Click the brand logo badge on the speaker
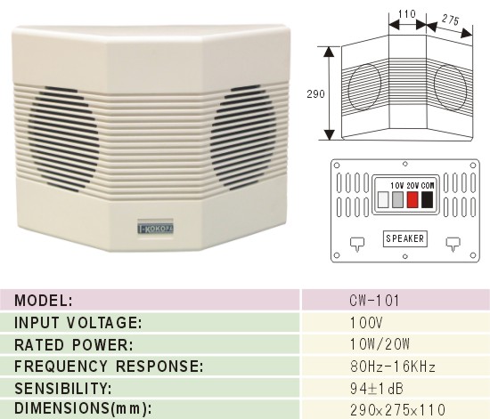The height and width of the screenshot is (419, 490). click(156, 229)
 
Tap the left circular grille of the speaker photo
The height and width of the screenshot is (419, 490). click(62, 138)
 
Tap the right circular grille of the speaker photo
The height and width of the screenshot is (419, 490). click(244, 137)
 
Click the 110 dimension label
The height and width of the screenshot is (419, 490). click(407, 14)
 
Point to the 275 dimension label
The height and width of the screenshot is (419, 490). click(450, 20)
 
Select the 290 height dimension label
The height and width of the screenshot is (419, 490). click(315, 94)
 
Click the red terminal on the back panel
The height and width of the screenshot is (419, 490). click(412, 199)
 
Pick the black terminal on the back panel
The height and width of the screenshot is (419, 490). click(427, 199)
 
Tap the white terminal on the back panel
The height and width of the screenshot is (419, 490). click(383, 199)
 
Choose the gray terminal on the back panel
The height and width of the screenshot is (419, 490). click(397, 199)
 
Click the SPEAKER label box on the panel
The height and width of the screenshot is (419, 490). click(405, 238)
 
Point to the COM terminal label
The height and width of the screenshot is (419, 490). click(428, 186)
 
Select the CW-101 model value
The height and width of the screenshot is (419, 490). click(374, 301)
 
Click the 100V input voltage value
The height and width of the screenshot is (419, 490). click(366, 323)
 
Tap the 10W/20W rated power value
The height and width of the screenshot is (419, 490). click(380, 344)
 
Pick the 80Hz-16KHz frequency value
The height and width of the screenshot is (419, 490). click(393, 367)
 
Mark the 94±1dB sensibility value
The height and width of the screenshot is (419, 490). click(377, 389)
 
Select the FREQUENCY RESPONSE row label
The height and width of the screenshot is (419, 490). click(109, 367)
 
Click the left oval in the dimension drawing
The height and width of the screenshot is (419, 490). click(364, 87)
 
